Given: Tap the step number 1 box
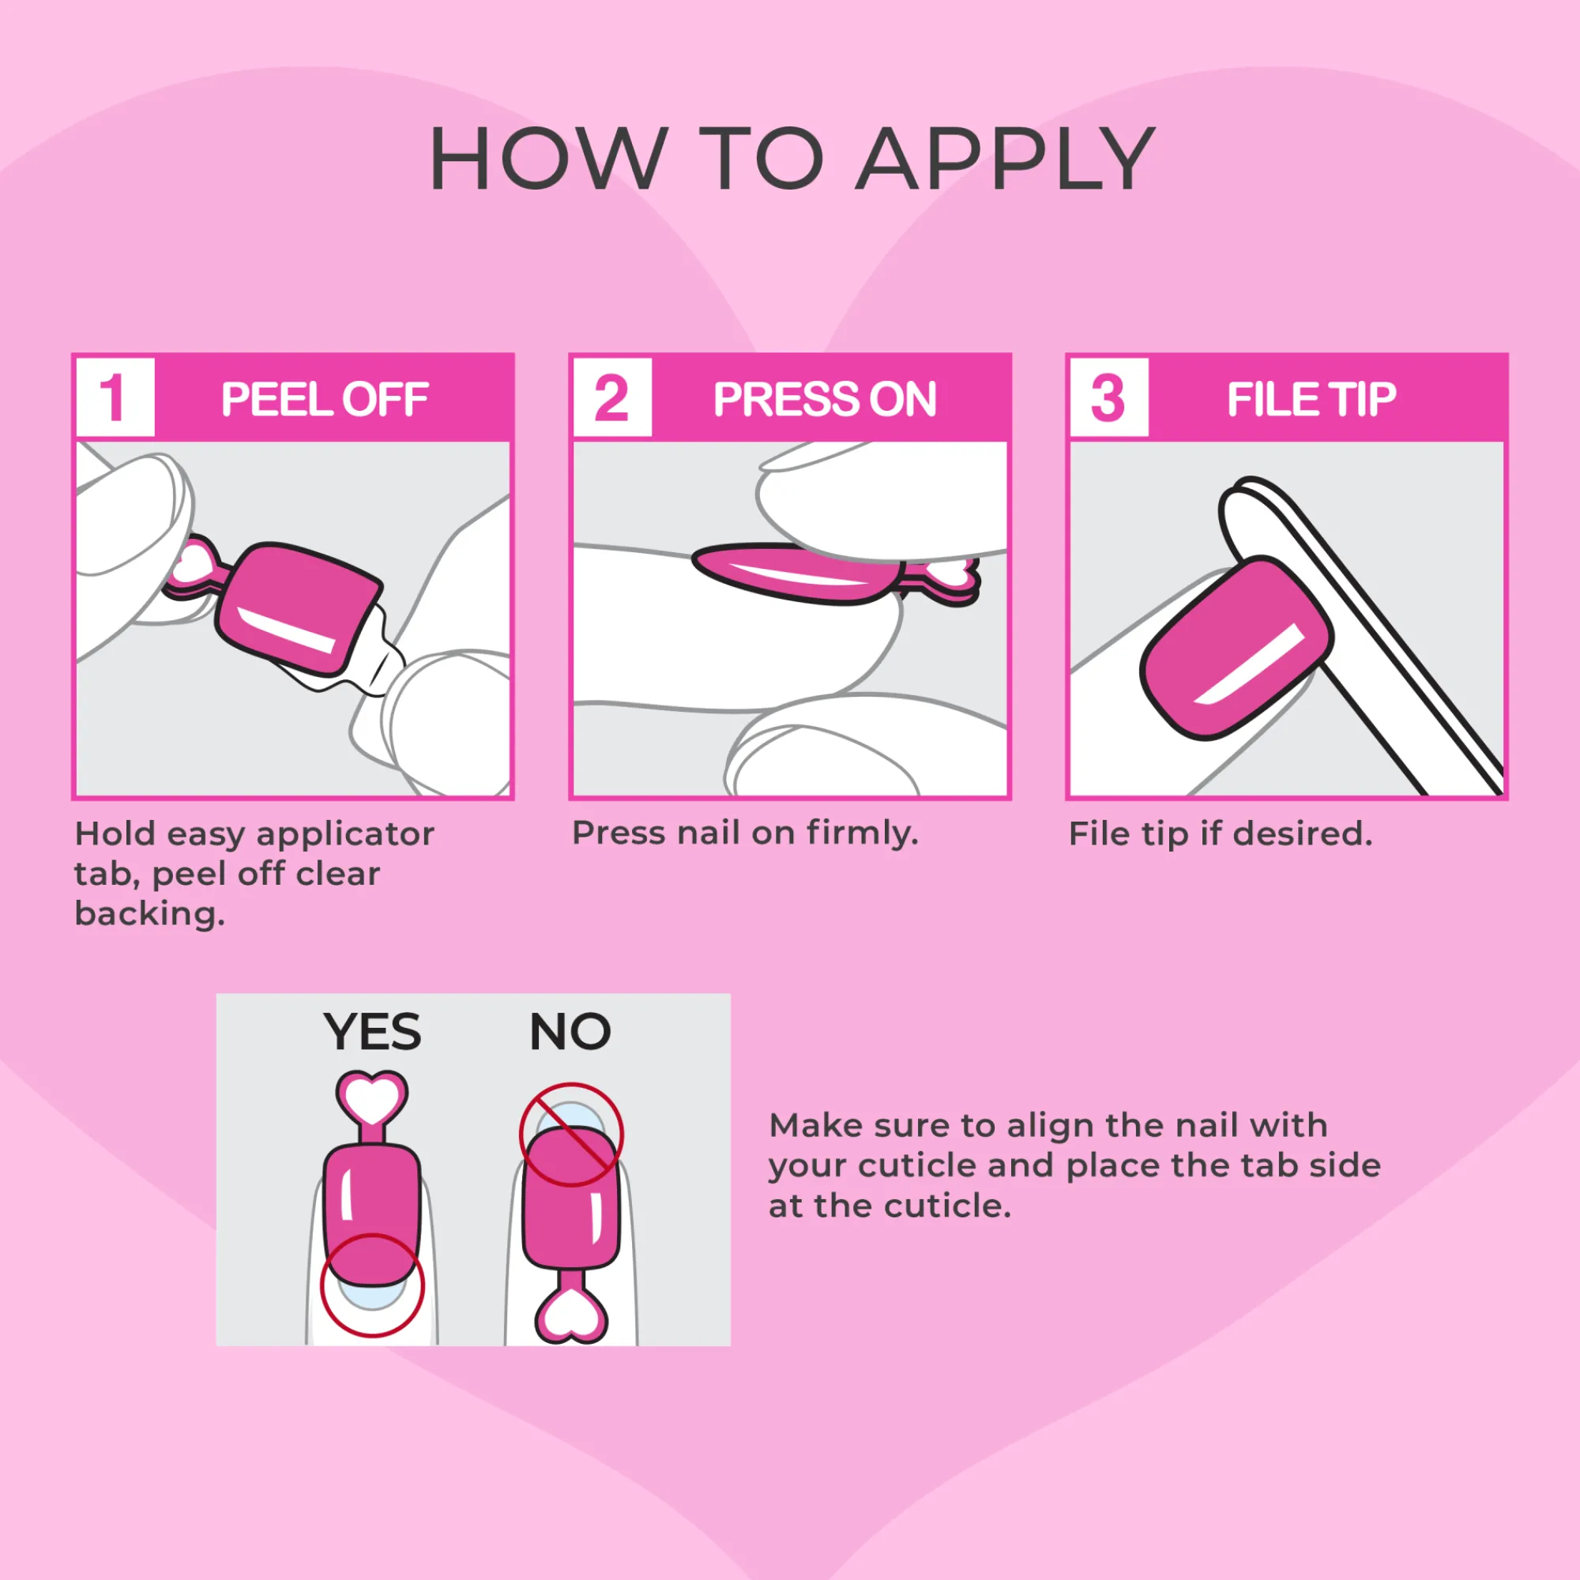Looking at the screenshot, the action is click(x=115, y=397).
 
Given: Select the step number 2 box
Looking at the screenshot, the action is click(x=612, y=397).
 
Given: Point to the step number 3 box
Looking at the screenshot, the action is click(x=1109, y=397).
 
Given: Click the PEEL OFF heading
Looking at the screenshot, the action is click(x=325, y=399).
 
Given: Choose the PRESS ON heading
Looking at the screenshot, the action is click(x=824, y=399).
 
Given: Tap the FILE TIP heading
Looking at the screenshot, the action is click(x=1311, y=399).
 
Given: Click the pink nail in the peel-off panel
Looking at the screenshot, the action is click(x=298, y=608).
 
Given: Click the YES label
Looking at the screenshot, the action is click(x=372, y=1032).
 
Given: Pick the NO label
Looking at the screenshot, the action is click(x=570, y=1031).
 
